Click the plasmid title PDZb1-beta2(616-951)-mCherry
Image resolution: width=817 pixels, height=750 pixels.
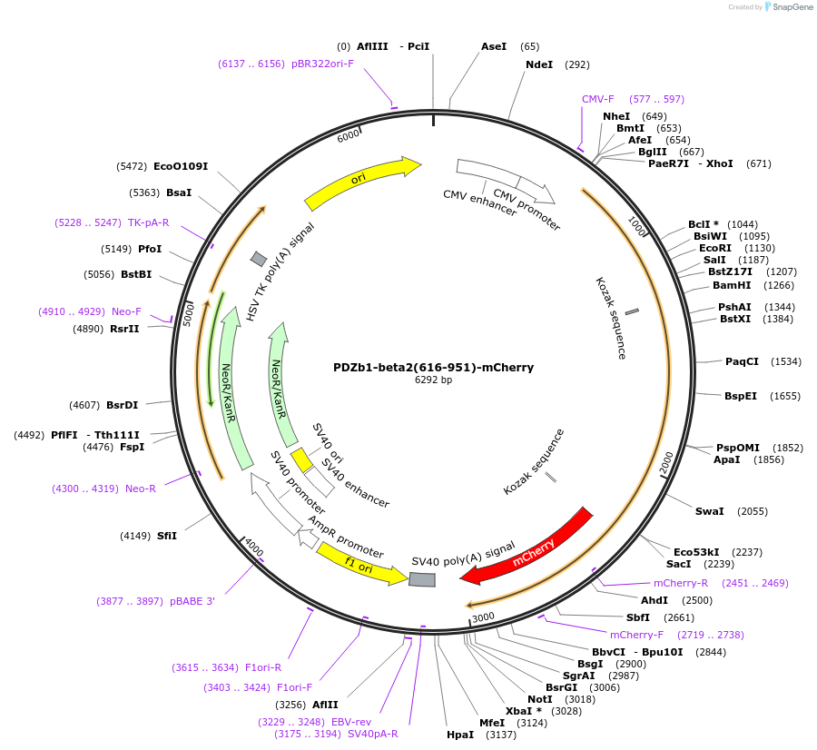point(433,368)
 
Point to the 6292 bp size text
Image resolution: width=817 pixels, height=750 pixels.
point(433,380)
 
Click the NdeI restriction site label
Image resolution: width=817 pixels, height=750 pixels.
point(539,64)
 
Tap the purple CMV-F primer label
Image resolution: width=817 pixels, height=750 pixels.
point(598,99)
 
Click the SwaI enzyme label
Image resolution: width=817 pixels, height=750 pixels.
point(709,511)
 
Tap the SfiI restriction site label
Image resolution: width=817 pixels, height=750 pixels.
point(167,536)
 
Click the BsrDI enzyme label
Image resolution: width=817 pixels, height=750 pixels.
point(123,405)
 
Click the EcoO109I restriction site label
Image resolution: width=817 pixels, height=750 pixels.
point(181,166)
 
